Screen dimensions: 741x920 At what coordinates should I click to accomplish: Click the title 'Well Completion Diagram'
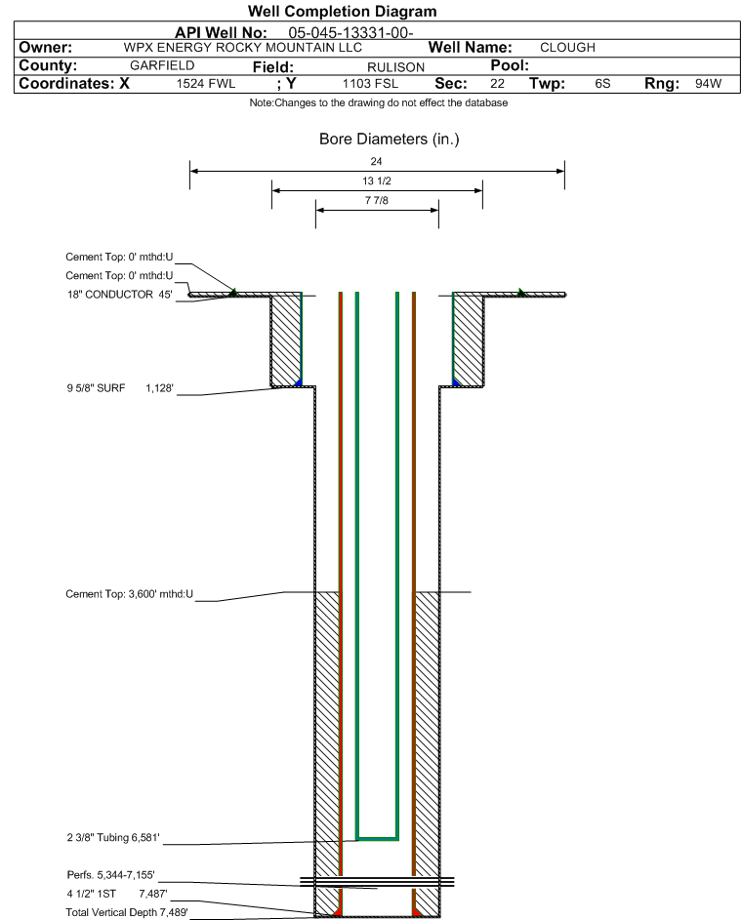(343, 11)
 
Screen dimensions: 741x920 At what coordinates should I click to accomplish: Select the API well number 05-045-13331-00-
(350, 33)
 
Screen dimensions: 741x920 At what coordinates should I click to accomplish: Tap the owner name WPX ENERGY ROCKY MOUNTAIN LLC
(242, 48)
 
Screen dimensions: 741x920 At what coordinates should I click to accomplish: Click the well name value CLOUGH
(567, 48)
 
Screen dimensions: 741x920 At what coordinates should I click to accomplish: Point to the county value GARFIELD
(162, 65)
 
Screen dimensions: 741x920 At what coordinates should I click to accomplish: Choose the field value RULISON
(395, 67)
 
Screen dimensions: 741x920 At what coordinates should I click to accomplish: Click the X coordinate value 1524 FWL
(206, 84)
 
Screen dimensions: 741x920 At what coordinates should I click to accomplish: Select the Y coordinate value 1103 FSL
(371, 84)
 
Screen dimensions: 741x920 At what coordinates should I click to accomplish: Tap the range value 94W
(708, 84)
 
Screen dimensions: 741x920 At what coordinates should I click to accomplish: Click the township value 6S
(602, 84)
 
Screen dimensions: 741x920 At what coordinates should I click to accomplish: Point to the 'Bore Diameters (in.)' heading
(390, 140)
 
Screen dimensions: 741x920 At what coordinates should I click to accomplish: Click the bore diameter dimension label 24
(377, 161)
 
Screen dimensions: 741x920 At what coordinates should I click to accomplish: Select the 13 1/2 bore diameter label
(377, 180)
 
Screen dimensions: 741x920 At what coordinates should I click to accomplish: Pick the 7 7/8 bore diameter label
(377, 201)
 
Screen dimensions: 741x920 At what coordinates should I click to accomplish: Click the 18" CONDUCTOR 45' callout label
(119, 295)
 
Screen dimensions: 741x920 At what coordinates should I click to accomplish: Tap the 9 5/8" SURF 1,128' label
(120, 388)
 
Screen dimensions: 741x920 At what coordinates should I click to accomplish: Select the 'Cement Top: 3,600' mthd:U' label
(129, 594)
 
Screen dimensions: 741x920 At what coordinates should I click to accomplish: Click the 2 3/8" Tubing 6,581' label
(113, 838)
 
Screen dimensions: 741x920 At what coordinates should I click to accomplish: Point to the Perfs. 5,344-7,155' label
(111, 875)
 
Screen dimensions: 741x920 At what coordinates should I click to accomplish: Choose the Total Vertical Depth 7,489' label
(127, 912)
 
